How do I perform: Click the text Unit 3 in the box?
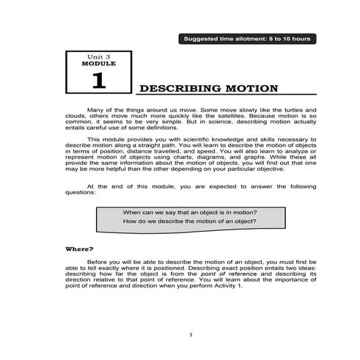tap(98, 56)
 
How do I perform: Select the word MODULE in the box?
tap(98, 64)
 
